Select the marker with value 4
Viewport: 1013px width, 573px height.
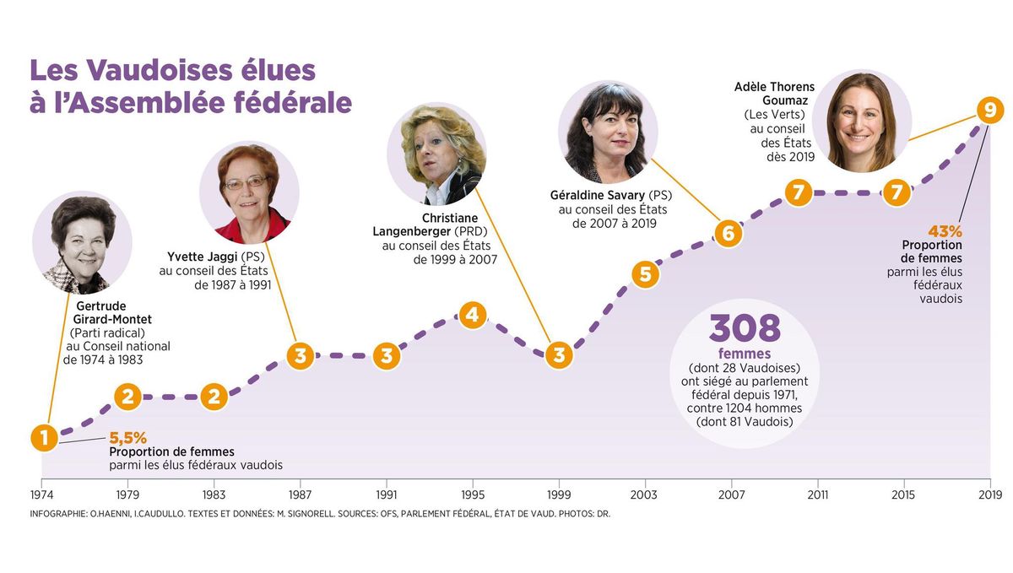[x=472, y=316]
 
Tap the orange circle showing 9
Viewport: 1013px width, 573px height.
[x=989, y=110]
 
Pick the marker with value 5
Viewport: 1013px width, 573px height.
[x=645, y=274]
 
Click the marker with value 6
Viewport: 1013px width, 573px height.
[x=729, y=233]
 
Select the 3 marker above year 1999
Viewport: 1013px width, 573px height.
[x=558, y=355]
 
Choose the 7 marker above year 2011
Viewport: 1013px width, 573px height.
[x=798, y=192]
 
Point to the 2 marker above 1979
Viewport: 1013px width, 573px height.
[x=127, y=397]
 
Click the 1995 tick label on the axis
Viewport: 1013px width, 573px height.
[x=472, y=495]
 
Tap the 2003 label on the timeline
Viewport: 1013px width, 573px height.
[x=644, y=495]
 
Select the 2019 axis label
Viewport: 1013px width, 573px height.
[x=989, y=495]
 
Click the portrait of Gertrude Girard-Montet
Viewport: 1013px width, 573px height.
[x=82, y=243]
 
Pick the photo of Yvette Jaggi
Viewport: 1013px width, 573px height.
[x=249, y=192]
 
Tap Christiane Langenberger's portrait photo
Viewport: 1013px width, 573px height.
[x=436, y=154]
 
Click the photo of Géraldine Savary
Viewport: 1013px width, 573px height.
[x=608, y=132]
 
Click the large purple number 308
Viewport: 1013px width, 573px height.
[x=745, y=329]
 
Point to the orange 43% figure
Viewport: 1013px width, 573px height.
[x=945, y=231]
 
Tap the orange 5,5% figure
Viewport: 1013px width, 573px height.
[x=128, y=438]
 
